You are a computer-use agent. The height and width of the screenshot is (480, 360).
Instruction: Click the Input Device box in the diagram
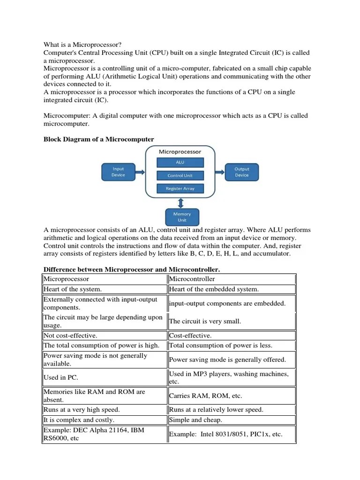click(119, 172)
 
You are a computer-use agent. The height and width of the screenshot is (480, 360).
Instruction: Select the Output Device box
click(242, 172)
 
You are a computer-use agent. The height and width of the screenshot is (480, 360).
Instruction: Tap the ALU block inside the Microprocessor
click(180, 162)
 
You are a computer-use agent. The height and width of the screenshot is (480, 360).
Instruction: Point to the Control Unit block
click(180, 176)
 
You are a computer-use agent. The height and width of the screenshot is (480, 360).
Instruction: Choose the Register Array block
click(180, 188)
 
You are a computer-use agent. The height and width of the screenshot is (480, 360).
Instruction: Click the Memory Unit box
click(182, 217)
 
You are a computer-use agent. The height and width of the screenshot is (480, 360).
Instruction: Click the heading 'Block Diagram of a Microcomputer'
click(98, 139)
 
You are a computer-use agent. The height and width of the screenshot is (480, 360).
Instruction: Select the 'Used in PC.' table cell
click(105, 377)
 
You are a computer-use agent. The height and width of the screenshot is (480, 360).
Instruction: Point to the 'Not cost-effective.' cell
click(105, 336)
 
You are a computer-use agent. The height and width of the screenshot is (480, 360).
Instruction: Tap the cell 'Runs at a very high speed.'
click(105, 410)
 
